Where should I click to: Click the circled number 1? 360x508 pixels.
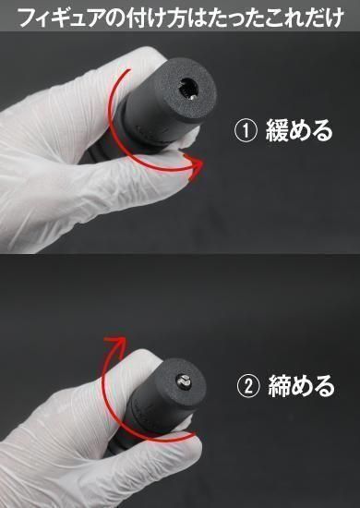point(246,130)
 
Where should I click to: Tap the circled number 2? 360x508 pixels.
point(248,386)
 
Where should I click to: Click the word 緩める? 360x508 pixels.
point(299,130)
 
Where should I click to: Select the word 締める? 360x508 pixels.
point(301,386)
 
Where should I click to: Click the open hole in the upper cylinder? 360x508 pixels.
point(188,88)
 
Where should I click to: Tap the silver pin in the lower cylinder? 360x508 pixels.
point(184,382)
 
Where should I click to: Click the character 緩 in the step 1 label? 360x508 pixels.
point(277,130)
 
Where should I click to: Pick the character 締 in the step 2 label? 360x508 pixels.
point(280,386)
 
